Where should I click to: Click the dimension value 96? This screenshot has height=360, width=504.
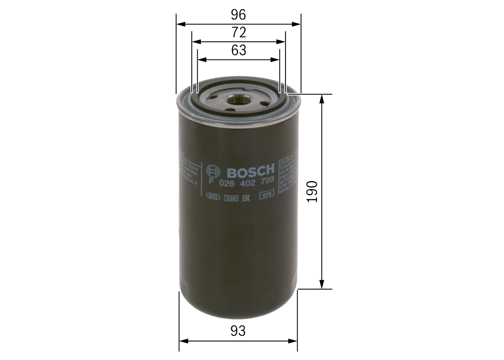coord(238,15)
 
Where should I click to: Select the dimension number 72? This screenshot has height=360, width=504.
coord(239,32)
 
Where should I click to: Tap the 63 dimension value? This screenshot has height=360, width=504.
coord(239,50)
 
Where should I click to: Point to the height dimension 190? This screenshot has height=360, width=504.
coord(312,191)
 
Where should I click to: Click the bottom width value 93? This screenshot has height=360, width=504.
coord(238,331)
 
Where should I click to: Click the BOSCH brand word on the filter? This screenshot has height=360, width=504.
coord(250,171)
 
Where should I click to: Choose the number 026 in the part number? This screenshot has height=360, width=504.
coord(226,184)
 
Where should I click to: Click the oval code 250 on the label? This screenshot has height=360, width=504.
coord(213,198)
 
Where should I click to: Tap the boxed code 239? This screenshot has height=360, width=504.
coord(230,198)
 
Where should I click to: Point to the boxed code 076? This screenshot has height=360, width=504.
coord(267,195)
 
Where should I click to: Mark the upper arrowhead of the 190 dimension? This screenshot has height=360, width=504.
coord(322,98)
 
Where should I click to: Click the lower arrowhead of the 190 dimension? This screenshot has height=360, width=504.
coord(322,285)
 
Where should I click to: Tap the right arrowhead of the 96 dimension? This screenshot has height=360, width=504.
coord(297,24)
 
